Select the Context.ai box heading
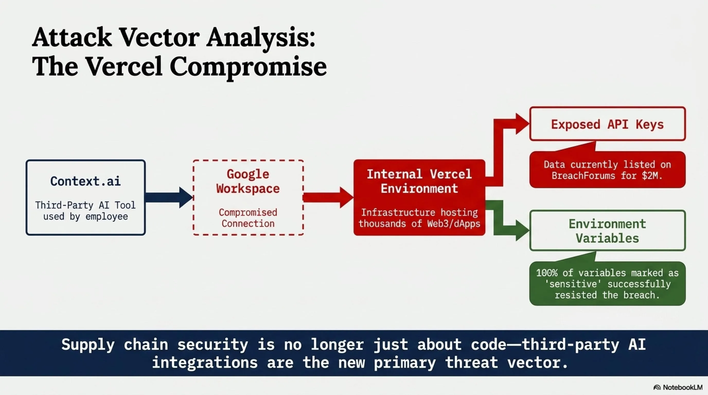pyautogui.click(x=85, y=181)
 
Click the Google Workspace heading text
pyautogui.click(x=248, y=181)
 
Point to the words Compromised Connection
pyautogui.click(x=248, y=218)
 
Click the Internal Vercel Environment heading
pyautogui.click(x=419, y=181)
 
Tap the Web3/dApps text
pyautogui.click(x=454, y=223)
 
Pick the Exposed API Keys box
pyautogui.click(x=607, y=124)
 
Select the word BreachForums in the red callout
pyautogui.click(x=583, y=176)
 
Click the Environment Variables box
pyautogui.click(x=607, y=231)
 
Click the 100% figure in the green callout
pyautogui.click(x=547, y=273)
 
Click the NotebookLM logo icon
pyautogui.click(x=657, y=388)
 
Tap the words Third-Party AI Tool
pyautogui.click(x=85, y=205)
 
